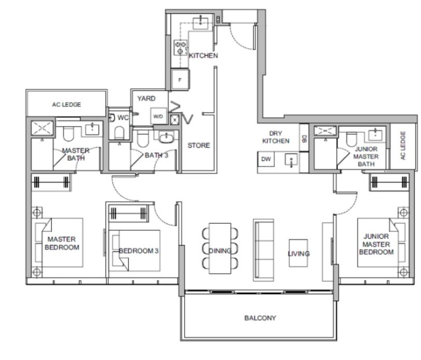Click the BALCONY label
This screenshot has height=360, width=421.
[260, 318]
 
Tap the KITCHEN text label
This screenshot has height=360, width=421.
[204, 55]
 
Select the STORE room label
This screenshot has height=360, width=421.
[199, 146]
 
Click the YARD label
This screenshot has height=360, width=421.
[147, 98]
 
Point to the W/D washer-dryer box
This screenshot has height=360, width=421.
[158, 116]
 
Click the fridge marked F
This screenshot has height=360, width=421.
[180, 80]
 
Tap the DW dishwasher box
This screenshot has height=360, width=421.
[266, 159]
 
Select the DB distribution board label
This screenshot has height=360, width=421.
[304, 139]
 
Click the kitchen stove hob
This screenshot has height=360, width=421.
[180, 47]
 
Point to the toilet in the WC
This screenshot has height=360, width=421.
[119, 133]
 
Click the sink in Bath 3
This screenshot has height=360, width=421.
[166, 138]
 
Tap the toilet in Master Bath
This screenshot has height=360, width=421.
[68, 134]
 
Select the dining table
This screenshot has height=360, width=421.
[220, 248]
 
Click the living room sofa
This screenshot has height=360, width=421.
[264, 250]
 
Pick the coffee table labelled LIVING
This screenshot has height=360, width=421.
[299, 253]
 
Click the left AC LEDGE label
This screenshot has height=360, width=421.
[66, 105]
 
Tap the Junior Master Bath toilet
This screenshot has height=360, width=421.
[352, 139]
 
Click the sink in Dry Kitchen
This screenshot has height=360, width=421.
[291, 160]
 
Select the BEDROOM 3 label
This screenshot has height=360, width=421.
[139, 251]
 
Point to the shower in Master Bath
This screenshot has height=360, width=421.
[42, 128]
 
